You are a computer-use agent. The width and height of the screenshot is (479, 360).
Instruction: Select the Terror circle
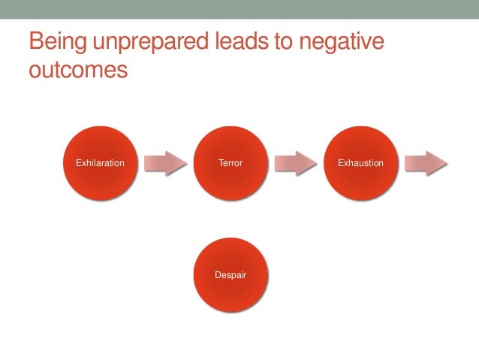click(x=230, y=163)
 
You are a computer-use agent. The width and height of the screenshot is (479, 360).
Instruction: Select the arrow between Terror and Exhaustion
click(x=296, y=163)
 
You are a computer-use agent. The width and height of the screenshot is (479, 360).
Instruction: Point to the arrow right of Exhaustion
click(x=426, y=163)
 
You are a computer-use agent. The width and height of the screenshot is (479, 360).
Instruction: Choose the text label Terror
click(x=230, y=163)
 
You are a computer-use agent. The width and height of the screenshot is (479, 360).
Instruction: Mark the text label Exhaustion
click(x=360, y=163)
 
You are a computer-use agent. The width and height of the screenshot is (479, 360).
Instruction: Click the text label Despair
click(x=230, y=275)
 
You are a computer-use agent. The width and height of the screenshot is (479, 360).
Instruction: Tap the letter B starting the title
click(x=36, y=42)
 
